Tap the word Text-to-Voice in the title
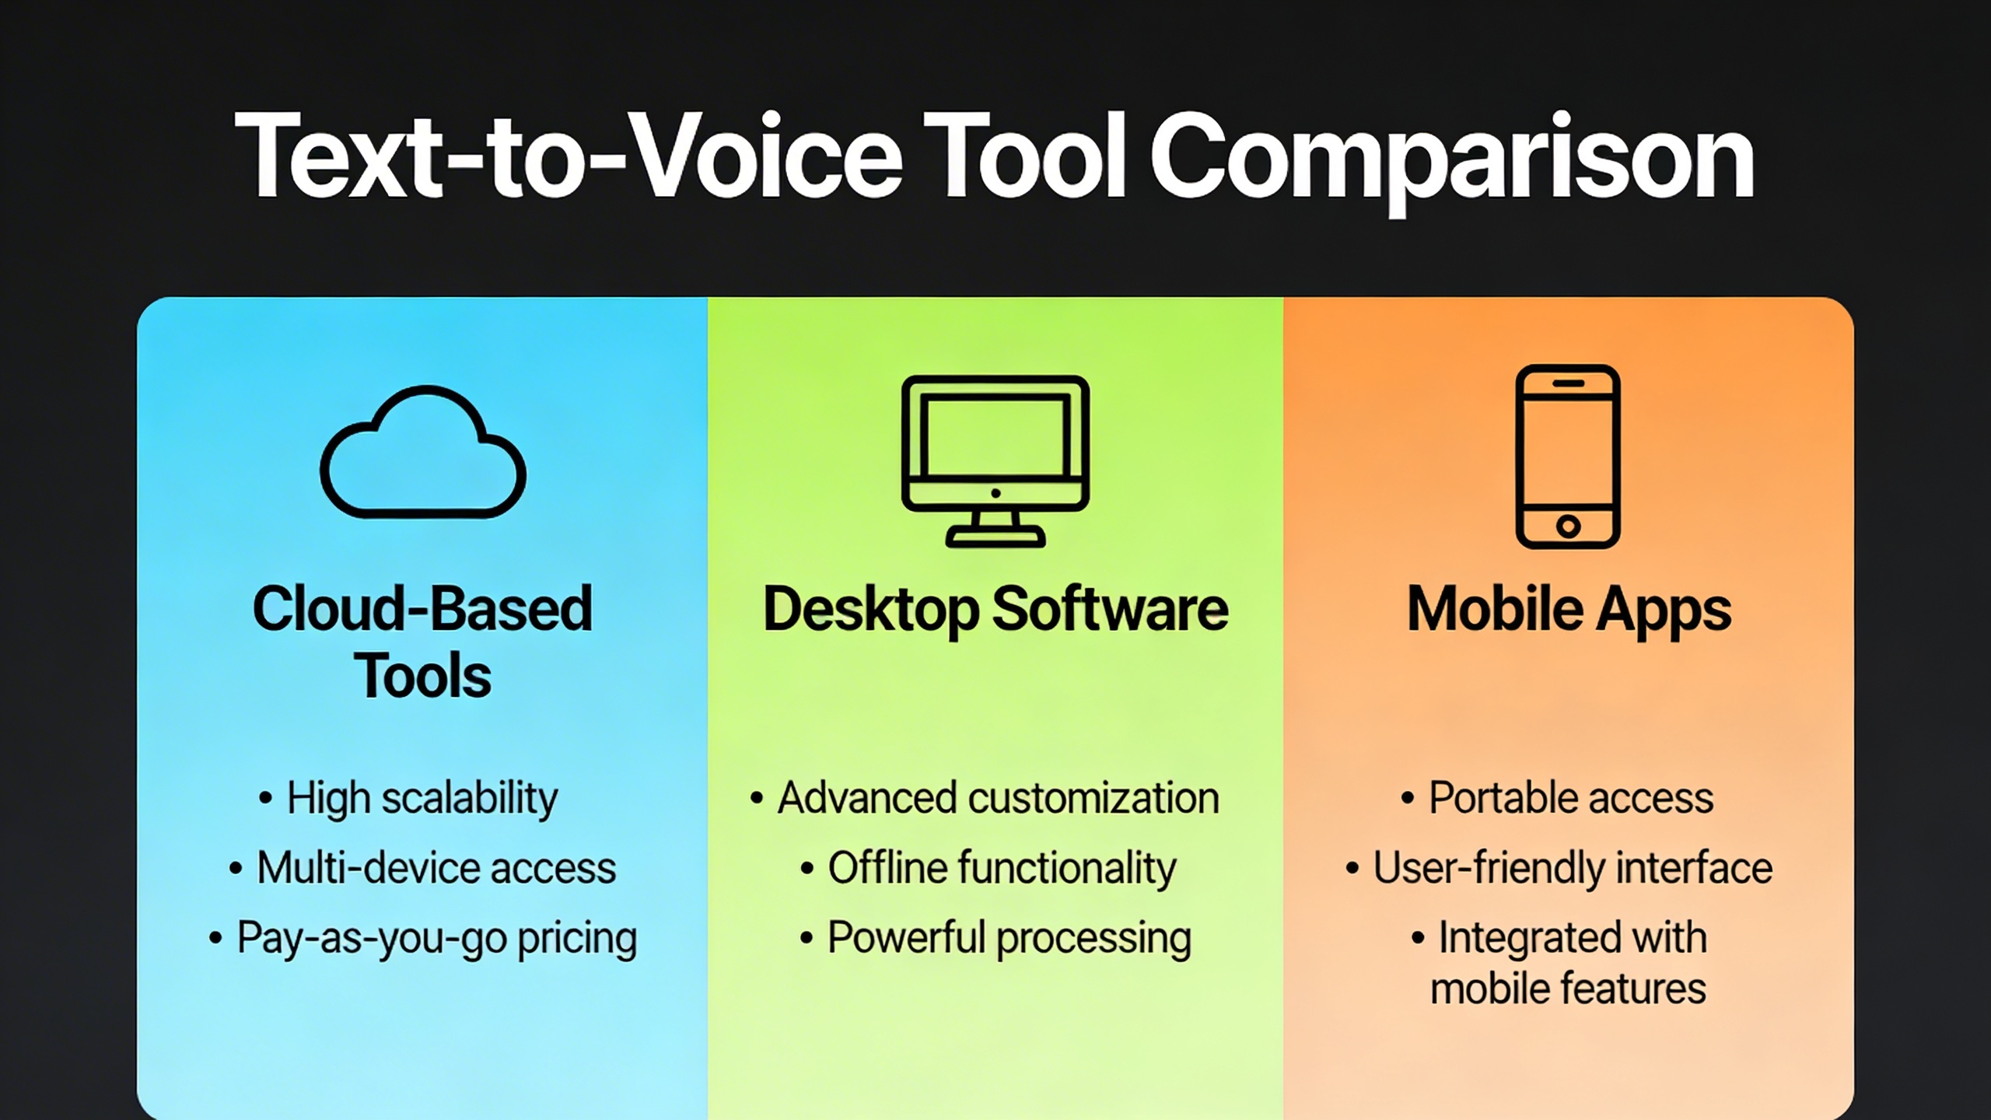[x=569, y=156]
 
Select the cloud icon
[x=423, y=452]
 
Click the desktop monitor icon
[x=995, y=461]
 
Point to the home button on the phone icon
[x=1568, y=527]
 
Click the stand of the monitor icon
[x=995, y=530]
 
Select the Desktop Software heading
[x=995, y=610]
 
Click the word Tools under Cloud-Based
[x=422, y=676]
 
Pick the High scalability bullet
[x=408, y=799]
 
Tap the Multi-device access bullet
[x=422, y=868]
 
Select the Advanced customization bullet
[x=985, y=798]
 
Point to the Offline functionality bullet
[x=988, y=868]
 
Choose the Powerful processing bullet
[x=995, y=938]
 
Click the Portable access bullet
[x=1557, y=798]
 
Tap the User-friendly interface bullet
[x=1559, y=868]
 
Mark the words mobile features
[x=1568, y=989]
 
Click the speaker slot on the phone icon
[x=1569, y=383]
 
